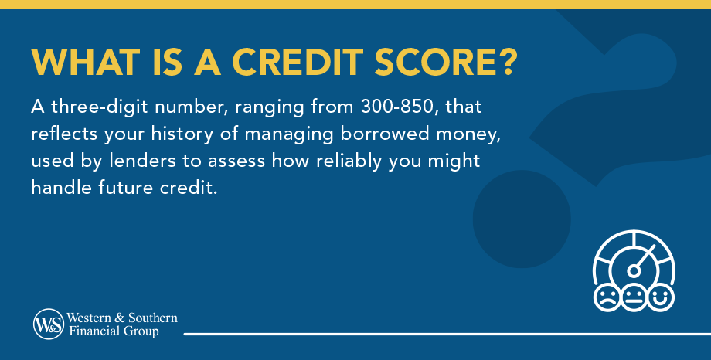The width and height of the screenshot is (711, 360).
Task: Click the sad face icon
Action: tap(605, 297)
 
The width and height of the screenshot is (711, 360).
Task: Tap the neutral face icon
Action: tap(633, 297)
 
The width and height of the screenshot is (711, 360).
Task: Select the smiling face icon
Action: tap(661, 297)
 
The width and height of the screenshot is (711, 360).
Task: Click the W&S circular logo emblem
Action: tap(48, 324)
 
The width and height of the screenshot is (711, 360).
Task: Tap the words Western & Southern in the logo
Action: tap(122, 318)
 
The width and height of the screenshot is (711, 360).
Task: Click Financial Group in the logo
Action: tap(114, 331)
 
